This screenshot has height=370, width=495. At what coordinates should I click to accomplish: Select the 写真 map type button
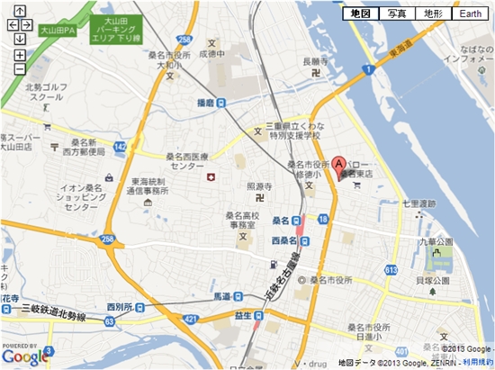[397, 14]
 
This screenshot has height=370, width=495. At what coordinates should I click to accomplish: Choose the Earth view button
[469, 14]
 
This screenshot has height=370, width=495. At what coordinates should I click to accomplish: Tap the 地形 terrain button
[433, 14]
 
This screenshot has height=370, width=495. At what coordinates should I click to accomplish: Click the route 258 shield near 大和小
[184, 41]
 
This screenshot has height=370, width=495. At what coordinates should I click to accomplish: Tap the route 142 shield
[121, 145]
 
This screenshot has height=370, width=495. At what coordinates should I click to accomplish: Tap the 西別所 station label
[119, 307]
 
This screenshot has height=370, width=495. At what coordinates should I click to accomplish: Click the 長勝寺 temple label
[318, 62]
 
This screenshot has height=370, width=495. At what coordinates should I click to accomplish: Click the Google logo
[24, 357]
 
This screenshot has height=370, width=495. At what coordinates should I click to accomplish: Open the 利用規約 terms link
[478, 361]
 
